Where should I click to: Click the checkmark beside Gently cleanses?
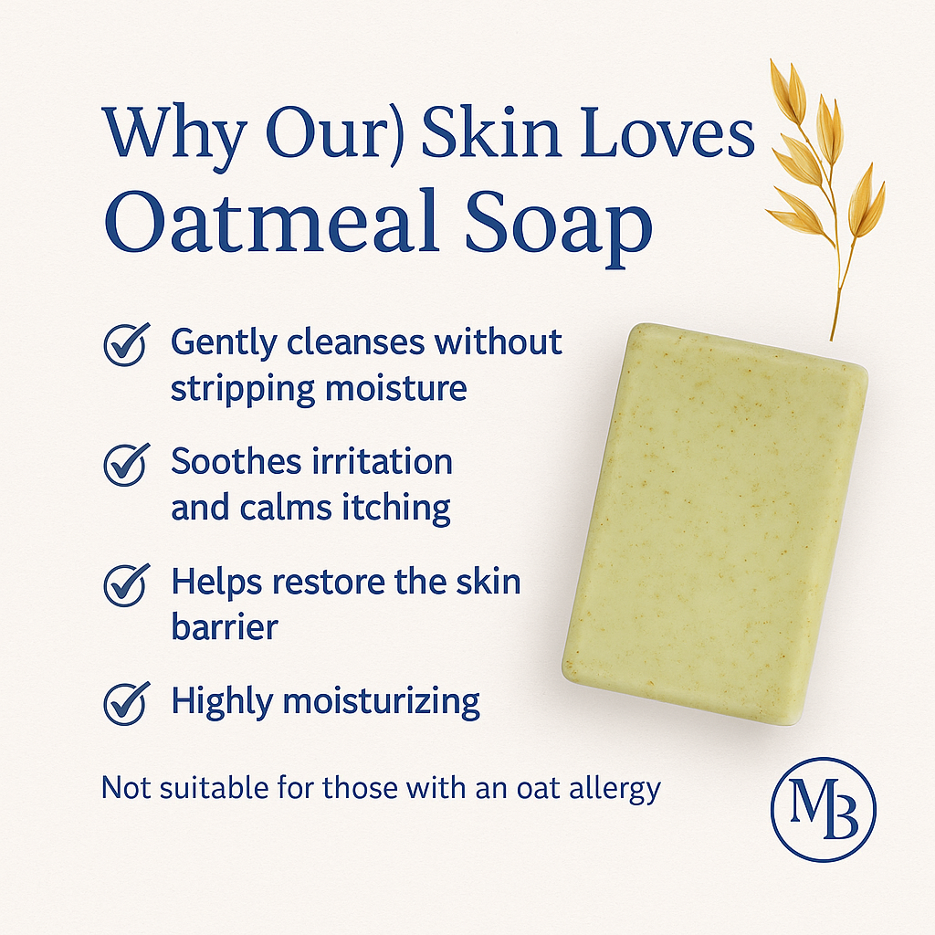[126, 345]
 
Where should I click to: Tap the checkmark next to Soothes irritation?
[126, 465]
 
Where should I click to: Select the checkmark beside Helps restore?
[126, 584]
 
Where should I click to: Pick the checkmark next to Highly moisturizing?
[126, 703]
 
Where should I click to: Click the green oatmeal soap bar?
[715, 525]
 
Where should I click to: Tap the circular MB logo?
[823, 805]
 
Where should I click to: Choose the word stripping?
[243, 389]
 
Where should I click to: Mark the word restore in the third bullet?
[313, 582]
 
